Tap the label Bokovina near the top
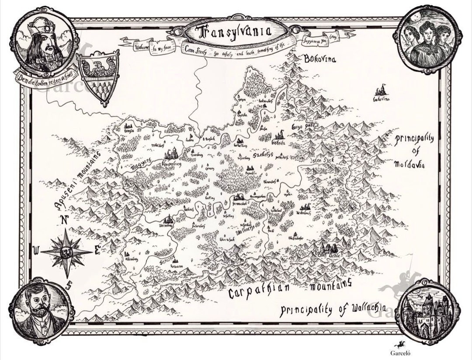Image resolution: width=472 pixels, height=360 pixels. click(320, 59)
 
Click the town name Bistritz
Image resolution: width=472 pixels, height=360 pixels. click(278, 142)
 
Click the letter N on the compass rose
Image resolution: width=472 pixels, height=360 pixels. click(64, 220)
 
